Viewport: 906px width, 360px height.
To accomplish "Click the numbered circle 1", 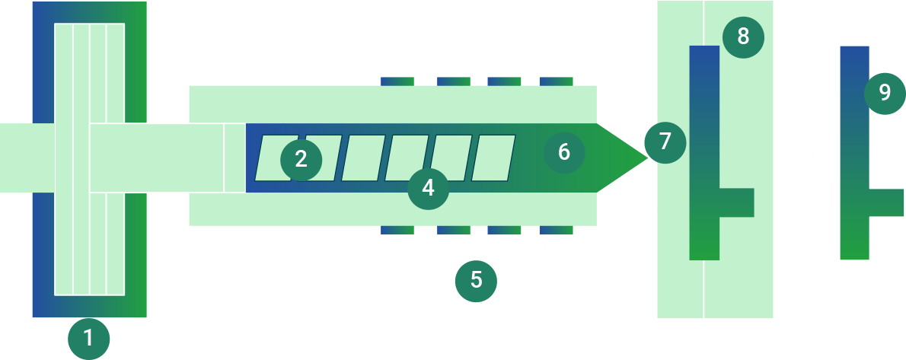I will [88, 338].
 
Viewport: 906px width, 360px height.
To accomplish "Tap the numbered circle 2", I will [301, 159].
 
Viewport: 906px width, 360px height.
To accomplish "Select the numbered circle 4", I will [428, 187].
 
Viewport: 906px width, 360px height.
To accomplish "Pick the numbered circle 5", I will [476, 280].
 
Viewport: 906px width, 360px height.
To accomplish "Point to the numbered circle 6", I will [563, 152].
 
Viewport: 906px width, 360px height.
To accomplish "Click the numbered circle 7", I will [665, 142].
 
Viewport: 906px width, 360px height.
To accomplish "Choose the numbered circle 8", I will [743, 36].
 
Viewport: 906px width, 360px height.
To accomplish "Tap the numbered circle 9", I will [884, 93].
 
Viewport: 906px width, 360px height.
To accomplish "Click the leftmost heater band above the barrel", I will [397, 81].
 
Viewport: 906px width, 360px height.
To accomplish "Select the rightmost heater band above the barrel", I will [556, 81].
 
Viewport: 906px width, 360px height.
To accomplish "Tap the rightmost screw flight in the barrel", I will [493, 158].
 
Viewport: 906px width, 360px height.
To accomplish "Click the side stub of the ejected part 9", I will [886, 202].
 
